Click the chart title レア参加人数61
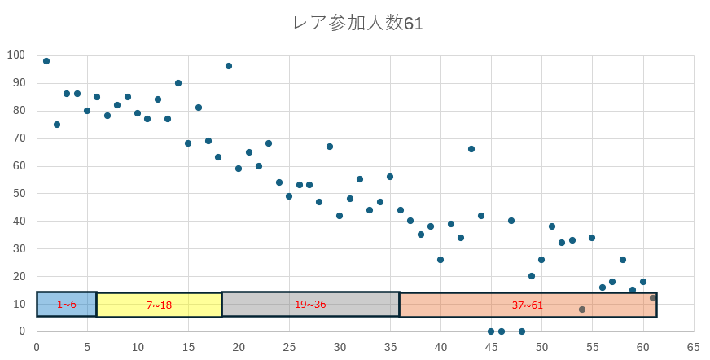[357, 23]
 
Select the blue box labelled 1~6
[67, 304]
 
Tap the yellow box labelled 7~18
[159, 305]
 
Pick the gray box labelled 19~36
[310, 304]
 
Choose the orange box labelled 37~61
[528, 305]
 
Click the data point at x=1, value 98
[46, 61]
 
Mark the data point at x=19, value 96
[229, 66]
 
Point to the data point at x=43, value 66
[471, 149]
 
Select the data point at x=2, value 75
[57, 125]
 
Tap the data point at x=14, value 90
[178, 83]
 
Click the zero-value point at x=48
[522, 331]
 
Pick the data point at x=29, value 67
[330, 147]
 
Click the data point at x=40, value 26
[440, 260]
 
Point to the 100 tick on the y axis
[15, 55]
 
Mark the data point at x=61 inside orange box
[653, 298]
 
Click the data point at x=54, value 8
[582, 310]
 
